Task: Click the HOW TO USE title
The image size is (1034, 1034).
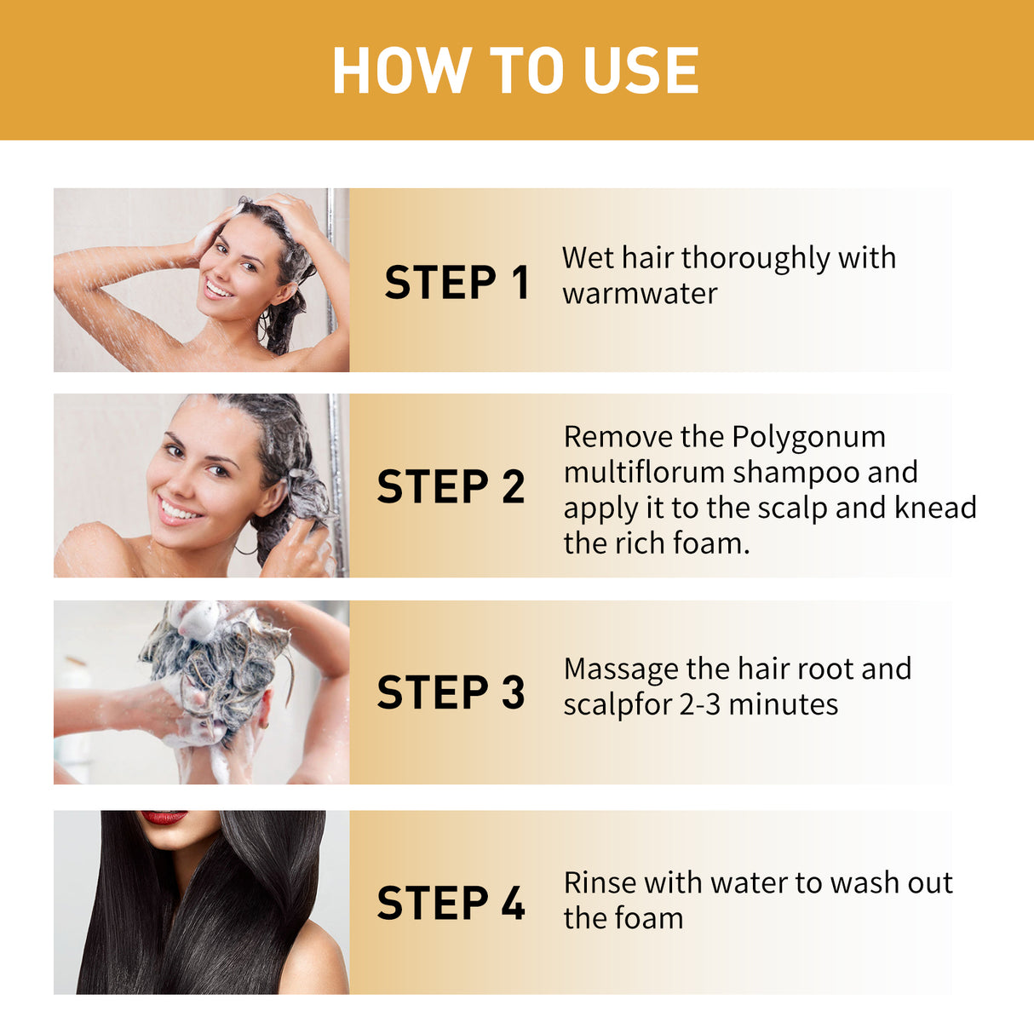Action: pyautogui.click(x=515, y=70)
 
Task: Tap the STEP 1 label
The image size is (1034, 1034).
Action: pyautogui.click(x=457, y=283)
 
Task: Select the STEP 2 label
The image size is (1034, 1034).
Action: pyautogui.click(x=451, y=487)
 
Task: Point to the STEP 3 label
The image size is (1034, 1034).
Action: pyautogui.click(x=451, y=692)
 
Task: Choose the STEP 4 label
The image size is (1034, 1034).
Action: pyautogui.click(x=451, y=903)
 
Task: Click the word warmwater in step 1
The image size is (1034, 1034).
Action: pyautogui.click(x=640, y=294)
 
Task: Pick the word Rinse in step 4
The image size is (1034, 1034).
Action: pyautogui.click(x=600, y=883)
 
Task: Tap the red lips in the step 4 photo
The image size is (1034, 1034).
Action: pyautogui.click(x=164, y=817)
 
